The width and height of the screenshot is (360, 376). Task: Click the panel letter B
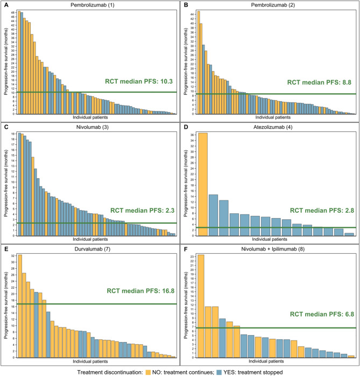coord(185,5)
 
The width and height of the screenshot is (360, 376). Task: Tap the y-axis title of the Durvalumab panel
coord(5,304)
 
